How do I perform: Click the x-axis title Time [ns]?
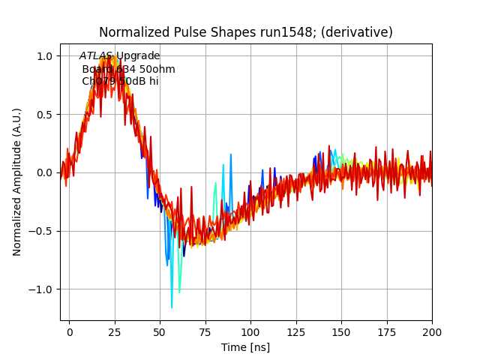click(x=245, y=347)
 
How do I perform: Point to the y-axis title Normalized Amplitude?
click(x=17, y=181)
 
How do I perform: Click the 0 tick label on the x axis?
click(x=70, y=331)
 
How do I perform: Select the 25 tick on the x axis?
click(x=115, y=331)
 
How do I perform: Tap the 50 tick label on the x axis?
click(x=160, y=331)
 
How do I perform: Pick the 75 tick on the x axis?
click(x=205, y=331)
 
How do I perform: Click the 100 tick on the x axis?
click(x=250, y=331)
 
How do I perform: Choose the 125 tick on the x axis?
click(x=296, y=331)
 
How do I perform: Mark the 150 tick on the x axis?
click(x=341, y=331)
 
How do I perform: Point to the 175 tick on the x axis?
click(x=387, y=331)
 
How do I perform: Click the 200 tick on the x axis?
click(x=432, y=331)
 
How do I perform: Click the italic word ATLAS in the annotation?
click(x=96, y=56)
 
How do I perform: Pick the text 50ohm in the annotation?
click(x=157, y=69)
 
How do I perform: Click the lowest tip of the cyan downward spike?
click(x=172, y=307)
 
